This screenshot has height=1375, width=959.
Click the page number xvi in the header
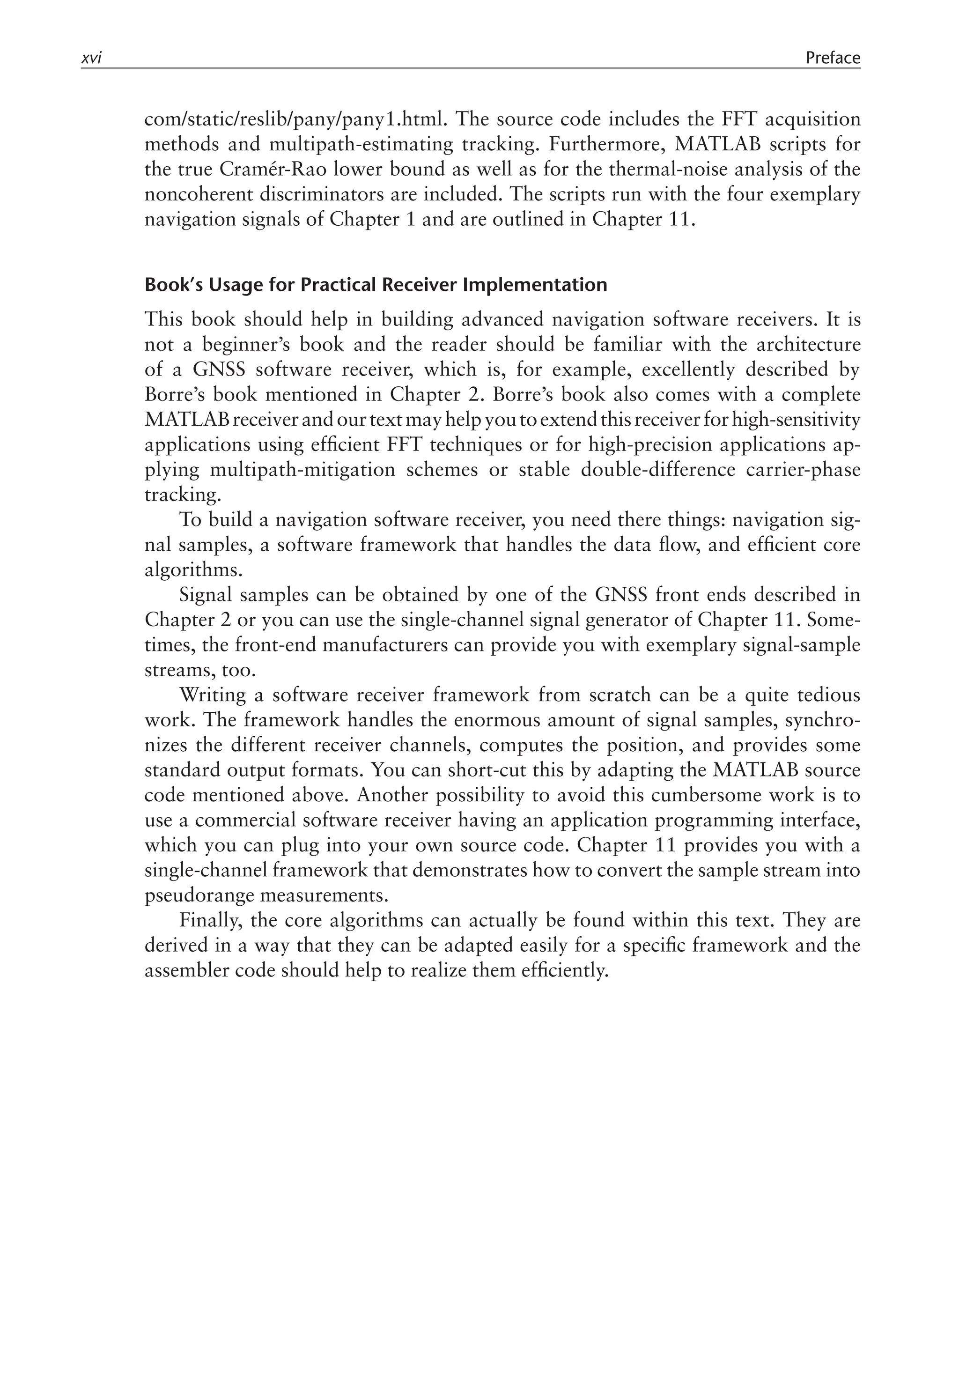coord(91,59)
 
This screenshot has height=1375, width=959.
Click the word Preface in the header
coord(832,58)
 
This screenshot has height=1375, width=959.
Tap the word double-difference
coord(658,470)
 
